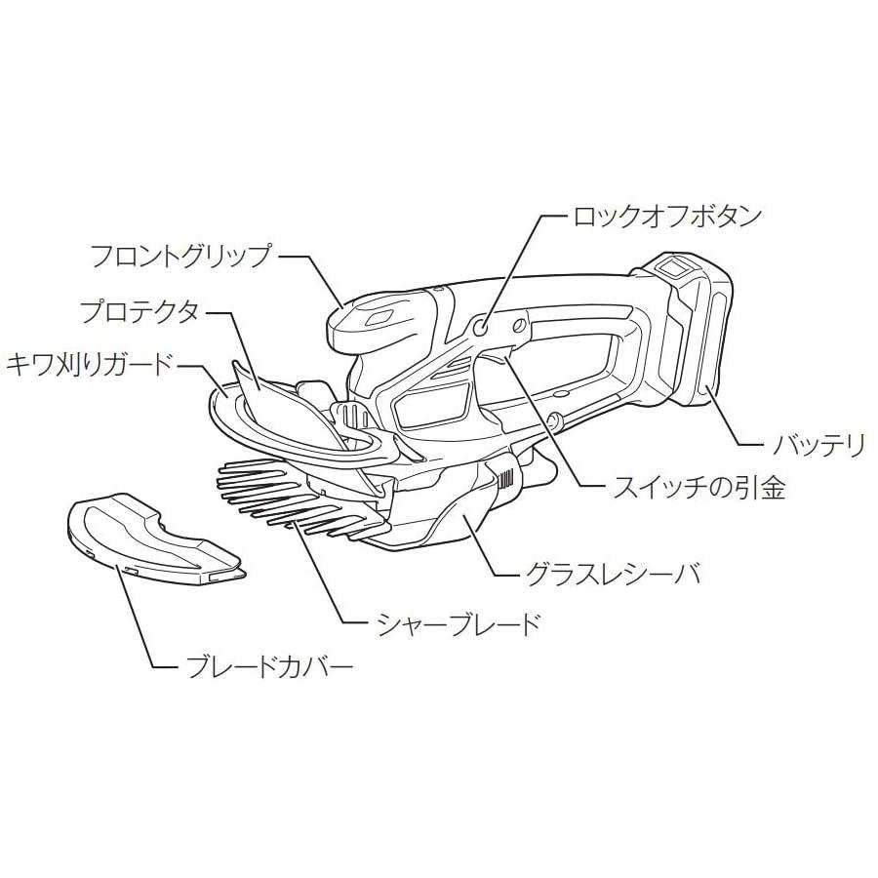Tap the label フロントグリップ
pyautogui.click(x=179, y=257)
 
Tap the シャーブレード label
pyautogui.click(x=457, y=623)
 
